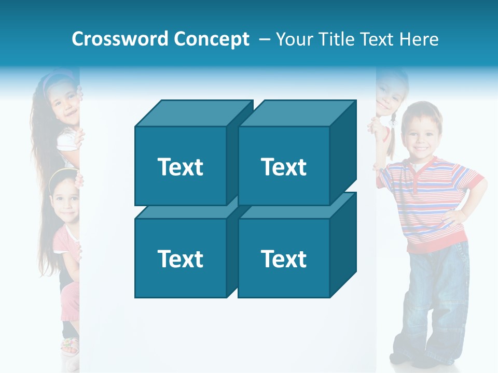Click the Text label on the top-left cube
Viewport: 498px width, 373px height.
pyautogui.click(x=180, y=167)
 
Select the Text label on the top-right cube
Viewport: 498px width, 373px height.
pyautogui.click(x=283, y=167)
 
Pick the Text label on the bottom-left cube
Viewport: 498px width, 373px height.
pyautogui.click(x=180, y=259)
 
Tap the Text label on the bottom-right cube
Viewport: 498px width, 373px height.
pyautogui.click(x=283, y=259)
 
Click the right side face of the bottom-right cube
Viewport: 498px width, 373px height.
pyautogui.click(x=343, y=243)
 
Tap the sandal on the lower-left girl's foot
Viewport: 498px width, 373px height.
pyautogui.click(x=70, y=345)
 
